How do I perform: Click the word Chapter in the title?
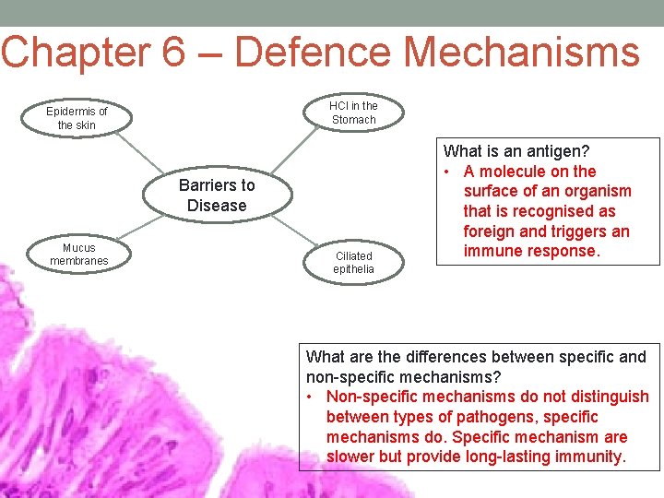coord(75,52)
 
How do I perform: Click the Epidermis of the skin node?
coord(77,118)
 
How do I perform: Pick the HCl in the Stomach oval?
coord(354,113)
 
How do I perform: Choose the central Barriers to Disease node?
coord(217,196)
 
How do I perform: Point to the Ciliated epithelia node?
coord(354,262)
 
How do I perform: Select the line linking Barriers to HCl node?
coord(295,152)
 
